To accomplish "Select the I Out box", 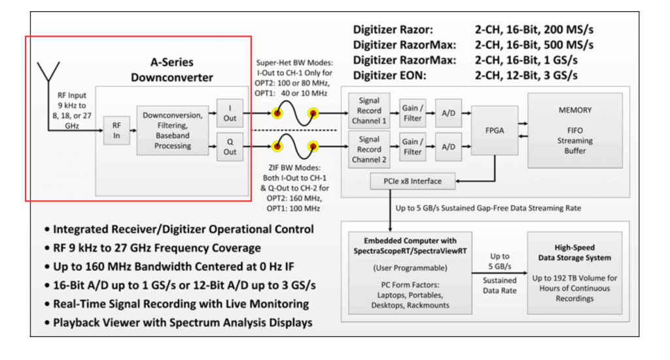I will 230,113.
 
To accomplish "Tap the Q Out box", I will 230,146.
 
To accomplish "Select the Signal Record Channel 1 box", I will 369,113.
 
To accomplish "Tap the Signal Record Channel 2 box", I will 369,147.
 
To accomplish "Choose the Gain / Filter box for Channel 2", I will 412,147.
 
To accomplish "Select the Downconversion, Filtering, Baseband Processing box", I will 171,128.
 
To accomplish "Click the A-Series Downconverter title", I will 171,71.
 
